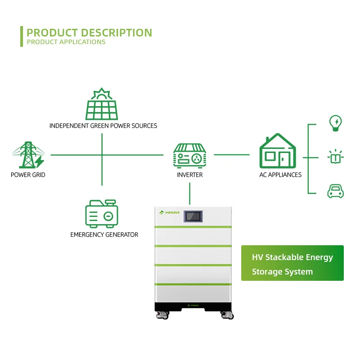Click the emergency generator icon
(102, 214)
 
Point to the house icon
(277, 151)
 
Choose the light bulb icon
(335, 123)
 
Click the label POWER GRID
(28, 175)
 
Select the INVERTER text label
(189, 175)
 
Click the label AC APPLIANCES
(280, 175)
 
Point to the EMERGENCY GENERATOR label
(104, 234)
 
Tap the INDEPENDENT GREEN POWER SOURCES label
(103, 126)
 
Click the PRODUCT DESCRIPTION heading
(89, 32)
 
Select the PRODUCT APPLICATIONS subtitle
(66, 42)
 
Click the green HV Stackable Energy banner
(292, 263)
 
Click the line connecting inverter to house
(231, 155)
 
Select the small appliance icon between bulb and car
(335, 157)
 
